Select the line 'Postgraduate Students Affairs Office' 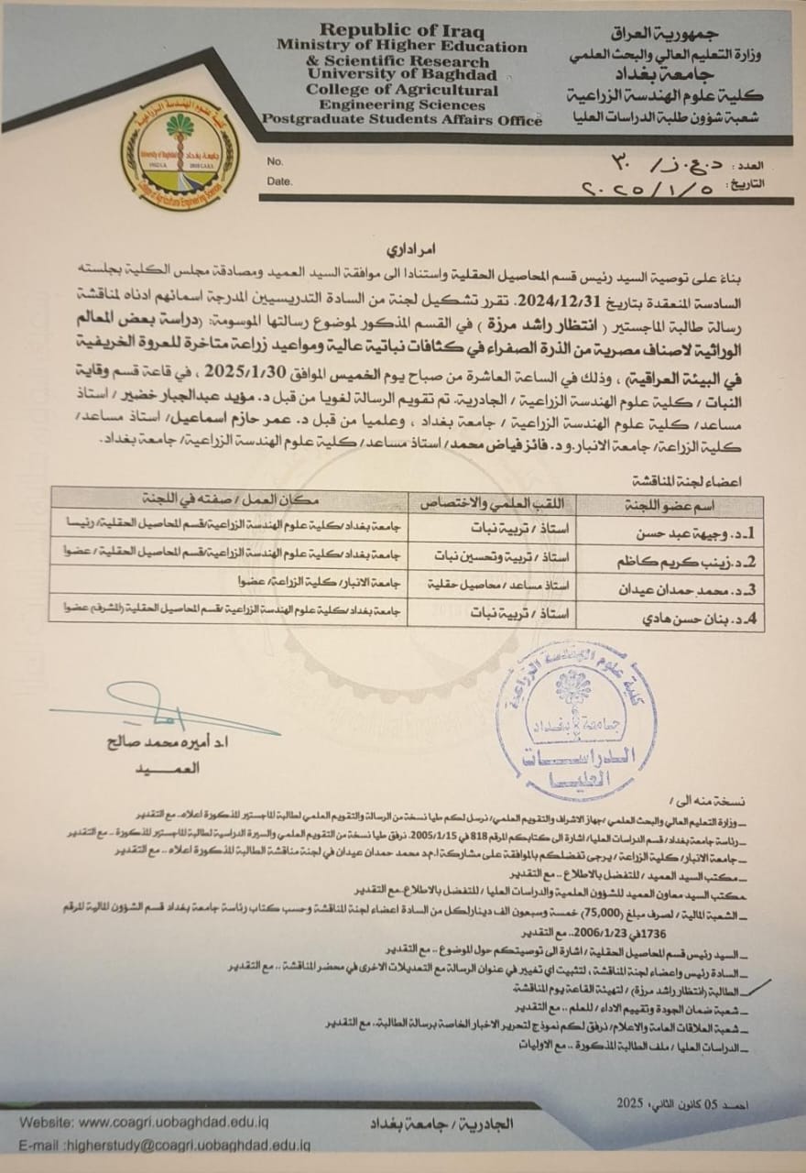coord(402,120)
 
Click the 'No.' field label coord(276,161)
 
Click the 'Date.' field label coord(279,181)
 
